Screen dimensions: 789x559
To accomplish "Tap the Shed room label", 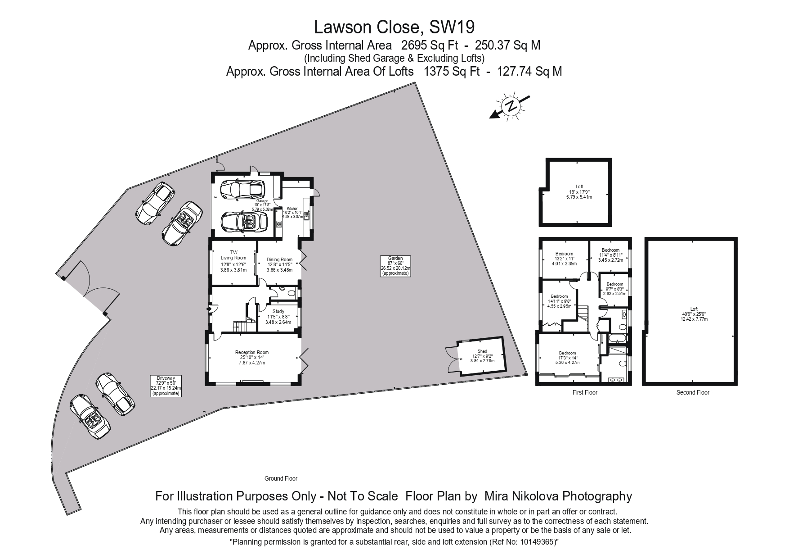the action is click(x=482, y=356).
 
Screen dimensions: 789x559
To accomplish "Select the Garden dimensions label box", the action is click(x=395, y=266).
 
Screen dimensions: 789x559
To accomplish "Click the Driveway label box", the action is click(x=166, y=386).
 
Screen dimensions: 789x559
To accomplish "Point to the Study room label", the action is click(x=278, y=317).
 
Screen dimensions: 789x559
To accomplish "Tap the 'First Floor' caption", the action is click(x=585, y=392).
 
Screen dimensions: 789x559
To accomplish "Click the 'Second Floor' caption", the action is click(x=693, y=392).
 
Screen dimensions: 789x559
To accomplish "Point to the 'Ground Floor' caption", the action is click(x=281, y=478).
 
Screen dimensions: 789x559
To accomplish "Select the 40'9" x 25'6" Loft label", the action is click(x=694, y=314).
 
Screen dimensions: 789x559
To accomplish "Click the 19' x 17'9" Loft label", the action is click(x=578, y=191).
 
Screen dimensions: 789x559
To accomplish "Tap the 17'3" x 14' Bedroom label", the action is click(x=567, y=358).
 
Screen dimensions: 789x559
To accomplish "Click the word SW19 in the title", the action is click(x=452, y=27).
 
